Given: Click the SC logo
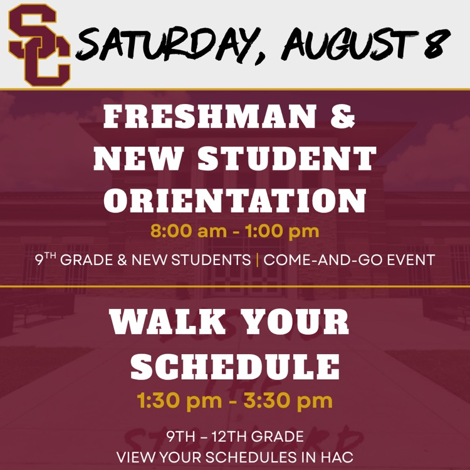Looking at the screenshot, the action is [39, 45].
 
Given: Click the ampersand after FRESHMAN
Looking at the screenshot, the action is [343, 117].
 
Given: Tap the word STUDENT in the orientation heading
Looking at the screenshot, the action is [287, 159].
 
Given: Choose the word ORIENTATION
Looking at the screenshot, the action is [235, 201].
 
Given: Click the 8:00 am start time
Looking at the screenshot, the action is [189, 231].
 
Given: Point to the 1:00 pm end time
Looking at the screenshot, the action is [282, 232].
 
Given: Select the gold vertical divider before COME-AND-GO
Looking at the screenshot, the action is [258, 260].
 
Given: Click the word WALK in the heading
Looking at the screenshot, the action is [167, 321].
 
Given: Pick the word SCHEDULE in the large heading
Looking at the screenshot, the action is [235, 367].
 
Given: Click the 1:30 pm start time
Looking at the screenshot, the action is [179, 401].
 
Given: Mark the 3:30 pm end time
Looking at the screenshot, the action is [288, 401].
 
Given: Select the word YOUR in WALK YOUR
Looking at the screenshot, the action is [295, 321].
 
